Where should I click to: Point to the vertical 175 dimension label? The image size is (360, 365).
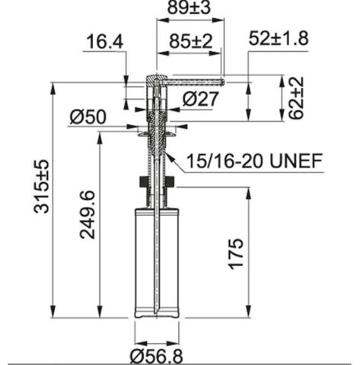(236, 253)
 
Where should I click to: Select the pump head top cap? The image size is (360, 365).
(155, 78)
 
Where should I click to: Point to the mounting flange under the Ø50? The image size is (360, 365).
(158, 131)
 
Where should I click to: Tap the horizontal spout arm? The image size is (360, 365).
(194, 78)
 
